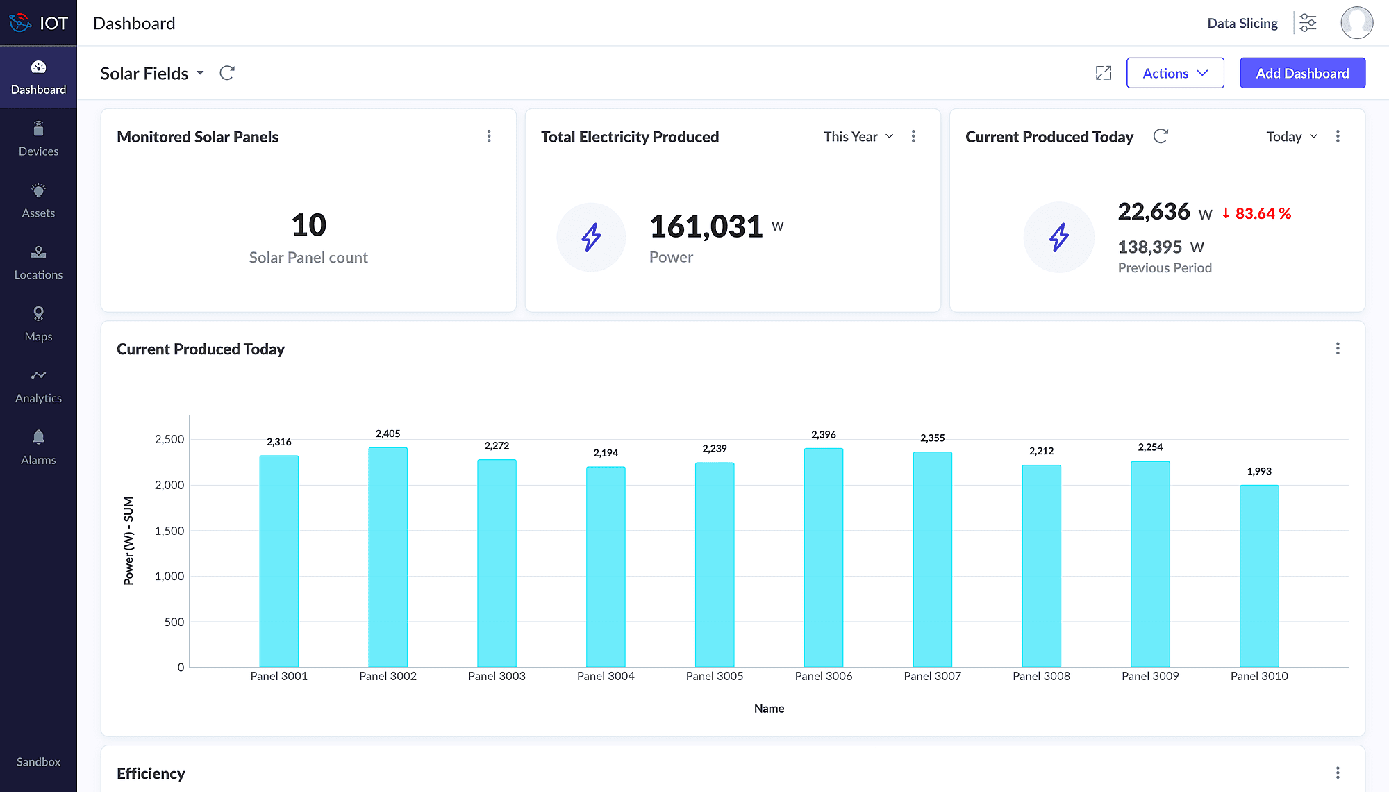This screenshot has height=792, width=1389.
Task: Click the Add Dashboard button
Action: click(1302, 73)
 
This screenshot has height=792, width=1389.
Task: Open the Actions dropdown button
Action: click(1174, 73)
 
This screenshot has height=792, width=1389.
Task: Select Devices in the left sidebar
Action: click(38, 140)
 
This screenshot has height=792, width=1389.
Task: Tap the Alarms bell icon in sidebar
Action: click(38, 437)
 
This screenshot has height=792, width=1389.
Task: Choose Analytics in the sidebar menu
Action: click(38, 386)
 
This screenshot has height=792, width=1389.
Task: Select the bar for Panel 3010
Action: click(1259, 576)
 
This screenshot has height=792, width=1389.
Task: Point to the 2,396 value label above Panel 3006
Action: click(824, 435)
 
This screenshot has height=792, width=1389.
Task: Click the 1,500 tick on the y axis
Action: click(169, 531)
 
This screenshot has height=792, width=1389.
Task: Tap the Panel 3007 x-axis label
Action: click(932, 676)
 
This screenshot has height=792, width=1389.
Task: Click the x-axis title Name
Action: click(769, 709)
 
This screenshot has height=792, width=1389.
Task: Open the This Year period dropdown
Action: click(858, 137)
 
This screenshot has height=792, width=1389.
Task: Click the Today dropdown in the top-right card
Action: click(1291, 137)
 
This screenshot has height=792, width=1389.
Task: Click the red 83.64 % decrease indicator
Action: click(1256, 214)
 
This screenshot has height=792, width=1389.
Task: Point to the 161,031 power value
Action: click(706, 226)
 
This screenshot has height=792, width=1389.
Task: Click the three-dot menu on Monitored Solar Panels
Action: click(489, 136)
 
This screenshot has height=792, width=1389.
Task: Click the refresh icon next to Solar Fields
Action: click(227, 73)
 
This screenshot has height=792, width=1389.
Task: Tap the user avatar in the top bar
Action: click(1356, 23)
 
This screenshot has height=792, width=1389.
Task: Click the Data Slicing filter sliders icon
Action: click(1308, 23)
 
